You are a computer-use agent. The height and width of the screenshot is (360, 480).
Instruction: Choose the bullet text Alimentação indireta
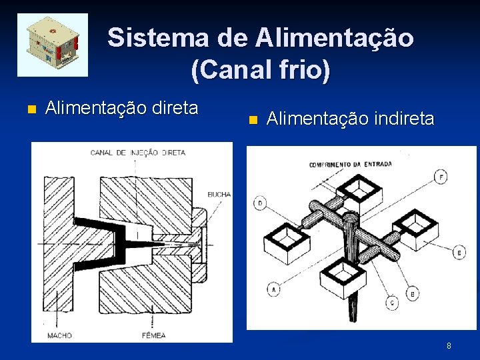tap(350, 119)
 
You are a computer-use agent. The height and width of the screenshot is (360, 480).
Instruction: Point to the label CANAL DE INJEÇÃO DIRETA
tap(138, 153)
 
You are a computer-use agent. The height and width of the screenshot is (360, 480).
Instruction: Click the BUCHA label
tap(219, 195)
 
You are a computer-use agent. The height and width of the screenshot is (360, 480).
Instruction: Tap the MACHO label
tap(60, 335)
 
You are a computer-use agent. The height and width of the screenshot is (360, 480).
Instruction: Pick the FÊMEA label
tap(153, 335)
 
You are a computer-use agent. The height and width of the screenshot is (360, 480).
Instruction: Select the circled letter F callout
tap(441, 177)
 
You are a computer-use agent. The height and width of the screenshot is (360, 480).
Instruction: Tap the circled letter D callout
tap(259, 202)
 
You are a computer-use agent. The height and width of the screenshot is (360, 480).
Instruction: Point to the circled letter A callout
tap(273, 289)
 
